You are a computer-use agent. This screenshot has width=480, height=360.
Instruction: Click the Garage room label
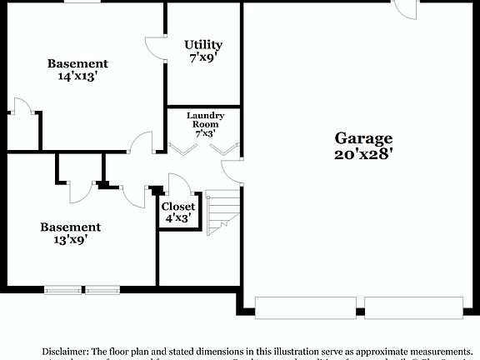tap(363, 138)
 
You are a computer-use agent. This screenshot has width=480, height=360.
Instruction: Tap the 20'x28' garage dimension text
tap(363, 153)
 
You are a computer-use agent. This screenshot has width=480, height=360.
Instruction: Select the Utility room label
tap(203, 44)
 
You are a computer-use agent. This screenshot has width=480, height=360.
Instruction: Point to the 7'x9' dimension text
tap(203, 57)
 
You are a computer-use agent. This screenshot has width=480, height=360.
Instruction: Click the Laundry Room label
tap(205, 119)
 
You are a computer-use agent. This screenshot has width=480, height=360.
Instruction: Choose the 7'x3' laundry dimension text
tap(205, 132)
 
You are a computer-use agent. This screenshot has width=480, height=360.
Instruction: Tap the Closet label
tap(178, 206)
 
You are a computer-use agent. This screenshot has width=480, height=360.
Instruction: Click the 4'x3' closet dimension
tap(178, 218)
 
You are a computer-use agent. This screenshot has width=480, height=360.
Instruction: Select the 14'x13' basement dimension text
tap(77, 77)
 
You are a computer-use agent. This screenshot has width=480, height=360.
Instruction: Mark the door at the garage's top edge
tap(407, 8)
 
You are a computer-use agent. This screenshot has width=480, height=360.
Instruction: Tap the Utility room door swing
tap(156, 48)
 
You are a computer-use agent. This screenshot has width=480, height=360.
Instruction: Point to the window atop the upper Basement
tap(77, 2)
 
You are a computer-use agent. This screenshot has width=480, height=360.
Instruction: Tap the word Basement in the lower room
tap(71, 227)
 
